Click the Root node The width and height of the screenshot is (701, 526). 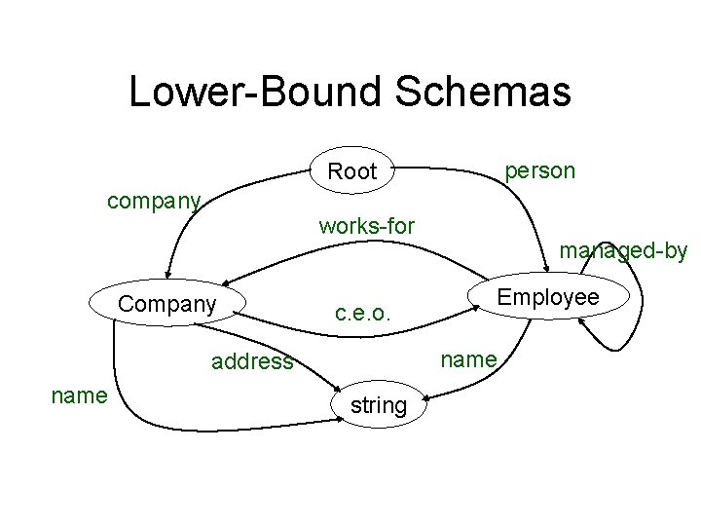point(351,171)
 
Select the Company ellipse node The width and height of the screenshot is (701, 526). point(166,304)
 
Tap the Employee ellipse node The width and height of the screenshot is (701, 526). point(548,297)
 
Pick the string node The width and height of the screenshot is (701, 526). point(378,405)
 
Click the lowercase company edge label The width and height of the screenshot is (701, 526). point(154,202)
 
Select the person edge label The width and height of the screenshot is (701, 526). point(539,170)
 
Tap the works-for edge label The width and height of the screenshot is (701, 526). point(366,226)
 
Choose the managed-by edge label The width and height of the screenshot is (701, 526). point(623,250)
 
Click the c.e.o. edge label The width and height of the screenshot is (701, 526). point(362,314)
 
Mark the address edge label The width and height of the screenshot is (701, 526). point(252,362)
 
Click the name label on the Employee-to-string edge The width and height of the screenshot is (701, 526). point(469,359)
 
